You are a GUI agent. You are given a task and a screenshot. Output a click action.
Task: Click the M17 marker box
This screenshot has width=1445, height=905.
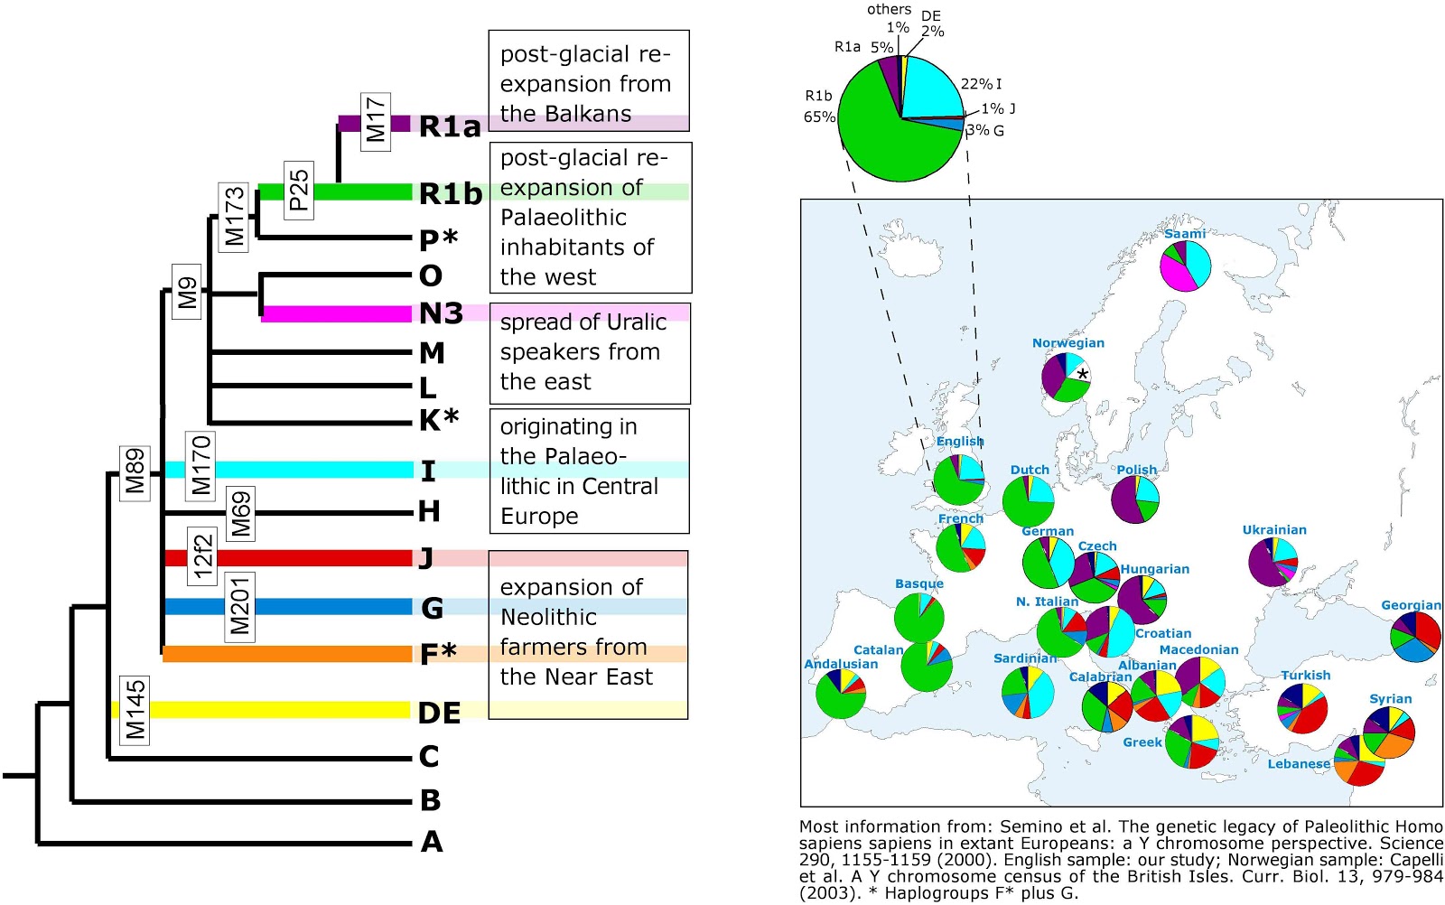coord(376,121)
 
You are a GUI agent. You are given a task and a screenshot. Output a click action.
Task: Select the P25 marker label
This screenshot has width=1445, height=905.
coord(298,190)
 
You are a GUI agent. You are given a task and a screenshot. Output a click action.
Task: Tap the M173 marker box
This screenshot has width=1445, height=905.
coord(234,217)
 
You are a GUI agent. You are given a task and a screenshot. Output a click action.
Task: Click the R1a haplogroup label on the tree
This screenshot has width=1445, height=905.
coord(450,126)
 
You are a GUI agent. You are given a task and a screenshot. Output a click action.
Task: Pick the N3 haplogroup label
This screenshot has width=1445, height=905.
coord(441,313)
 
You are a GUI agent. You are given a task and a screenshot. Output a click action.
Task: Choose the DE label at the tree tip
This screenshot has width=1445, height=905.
coord(439,714)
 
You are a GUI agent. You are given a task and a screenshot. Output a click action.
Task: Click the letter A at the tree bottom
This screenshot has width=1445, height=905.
coord(432,843)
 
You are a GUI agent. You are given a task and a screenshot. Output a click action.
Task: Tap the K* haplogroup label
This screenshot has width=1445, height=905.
coord(439,420)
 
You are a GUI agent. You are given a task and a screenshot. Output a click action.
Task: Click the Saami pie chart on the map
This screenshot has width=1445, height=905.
coord(1185,266)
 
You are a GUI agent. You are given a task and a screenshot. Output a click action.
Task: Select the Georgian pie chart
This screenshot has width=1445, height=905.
coord(1415,637)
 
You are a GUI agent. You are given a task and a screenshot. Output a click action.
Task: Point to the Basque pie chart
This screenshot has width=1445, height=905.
coord(918,618)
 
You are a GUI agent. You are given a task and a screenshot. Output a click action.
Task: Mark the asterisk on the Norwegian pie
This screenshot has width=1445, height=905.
coord(1082,374)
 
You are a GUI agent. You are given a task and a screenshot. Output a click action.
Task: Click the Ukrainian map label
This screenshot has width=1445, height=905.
coord(1274,530)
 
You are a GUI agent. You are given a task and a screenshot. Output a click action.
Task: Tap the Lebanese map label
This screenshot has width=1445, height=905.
coord(1299,764)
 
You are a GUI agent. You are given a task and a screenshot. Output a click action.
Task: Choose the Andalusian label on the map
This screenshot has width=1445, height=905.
coord(841,664)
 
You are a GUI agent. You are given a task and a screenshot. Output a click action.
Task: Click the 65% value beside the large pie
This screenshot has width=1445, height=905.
coord(819,117)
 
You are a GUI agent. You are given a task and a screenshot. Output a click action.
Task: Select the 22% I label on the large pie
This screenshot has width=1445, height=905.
coord(981,84)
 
